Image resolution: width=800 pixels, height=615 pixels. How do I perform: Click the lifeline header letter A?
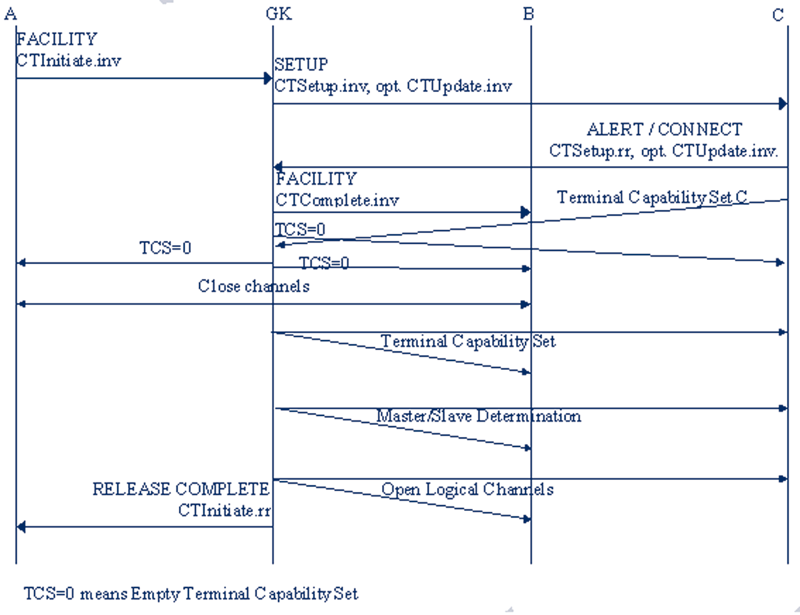point(11,14)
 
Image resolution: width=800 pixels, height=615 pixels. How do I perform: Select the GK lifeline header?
point(279,13)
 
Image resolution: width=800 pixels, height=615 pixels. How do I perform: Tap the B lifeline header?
point(529,14)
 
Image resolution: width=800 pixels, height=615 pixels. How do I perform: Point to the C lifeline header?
point(778,14)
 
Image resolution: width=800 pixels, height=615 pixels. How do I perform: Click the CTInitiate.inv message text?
point(69,60)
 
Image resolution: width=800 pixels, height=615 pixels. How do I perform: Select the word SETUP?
point(301,65)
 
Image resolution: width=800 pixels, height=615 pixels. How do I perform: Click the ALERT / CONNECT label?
point(664,129)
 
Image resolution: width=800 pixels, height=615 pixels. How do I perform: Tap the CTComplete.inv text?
point(337,200)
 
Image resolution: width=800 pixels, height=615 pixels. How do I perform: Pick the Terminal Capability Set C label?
point(652,197)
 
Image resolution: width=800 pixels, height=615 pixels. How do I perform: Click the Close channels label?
point(254,286)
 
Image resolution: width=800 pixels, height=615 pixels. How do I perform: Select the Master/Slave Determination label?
point(478,416)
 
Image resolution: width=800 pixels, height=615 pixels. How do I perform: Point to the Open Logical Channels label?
point(467,489)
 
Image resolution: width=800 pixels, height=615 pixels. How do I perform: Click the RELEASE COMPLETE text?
point(181,489)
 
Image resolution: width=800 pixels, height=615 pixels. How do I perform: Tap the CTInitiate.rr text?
point(224,510)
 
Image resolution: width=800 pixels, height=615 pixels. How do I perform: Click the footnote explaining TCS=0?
point(191,593)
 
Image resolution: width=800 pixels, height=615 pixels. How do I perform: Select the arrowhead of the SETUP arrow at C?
point(783,104)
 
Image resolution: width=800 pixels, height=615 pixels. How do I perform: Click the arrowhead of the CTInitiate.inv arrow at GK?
point(268,78)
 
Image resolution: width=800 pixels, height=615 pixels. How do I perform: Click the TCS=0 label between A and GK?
point(165,248)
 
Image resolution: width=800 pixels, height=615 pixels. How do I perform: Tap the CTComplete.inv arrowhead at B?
point(526,212)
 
